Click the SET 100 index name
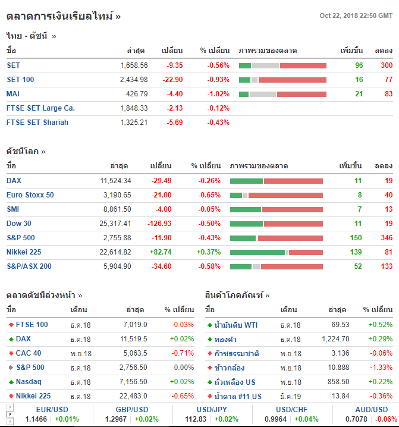click(x=20, y=80)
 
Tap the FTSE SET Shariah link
click(x=37, y=123)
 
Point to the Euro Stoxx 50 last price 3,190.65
click(x=117, y=195)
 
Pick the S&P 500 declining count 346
click(x=386, y=238)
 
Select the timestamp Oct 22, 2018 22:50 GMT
click(x=356, y=15)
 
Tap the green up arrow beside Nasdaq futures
click(x=11, y=382)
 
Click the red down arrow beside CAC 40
click(x=11, y=353)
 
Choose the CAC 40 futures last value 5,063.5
click(x=134, y=353)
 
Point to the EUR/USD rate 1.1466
click(x=36, y=419)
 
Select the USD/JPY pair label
click(x=212, y=410)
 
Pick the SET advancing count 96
click(x=359, y=65)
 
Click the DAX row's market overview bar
click(x=277, y=181)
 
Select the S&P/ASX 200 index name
click(x=29, y=266)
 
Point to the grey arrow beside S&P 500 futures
click(x=11, y=368)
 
